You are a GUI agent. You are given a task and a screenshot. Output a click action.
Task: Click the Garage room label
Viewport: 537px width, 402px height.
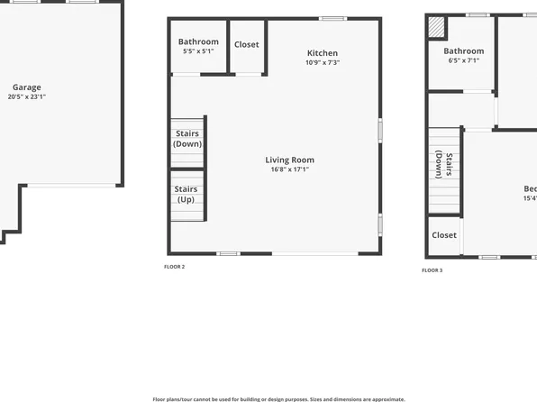pos(26,87)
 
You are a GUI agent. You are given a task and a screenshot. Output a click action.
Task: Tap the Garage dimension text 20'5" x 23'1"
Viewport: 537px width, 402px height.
pos(26,96)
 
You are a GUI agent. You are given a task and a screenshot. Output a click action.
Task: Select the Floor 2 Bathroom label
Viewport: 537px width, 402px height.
pos(198,41)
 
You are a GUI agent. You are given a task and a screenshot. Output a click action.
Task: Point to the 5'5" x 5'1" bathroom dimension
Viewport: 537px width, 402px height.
pos(198,51)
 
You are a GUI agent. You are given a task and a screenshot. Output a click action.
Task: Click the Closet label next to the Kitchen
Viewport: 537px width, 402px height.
pos(246,44)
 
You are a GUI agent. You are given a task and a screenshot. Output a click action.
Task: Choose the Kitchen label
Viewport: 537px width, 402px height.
pos(322,53)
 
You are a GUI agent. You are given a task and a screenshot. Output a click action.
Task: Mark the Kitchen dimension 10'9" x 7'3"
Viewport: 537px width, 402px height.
pos(322,62)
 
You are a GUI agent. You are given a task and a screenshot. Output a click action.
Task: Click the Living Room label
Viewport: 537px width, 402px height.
pos(290,160)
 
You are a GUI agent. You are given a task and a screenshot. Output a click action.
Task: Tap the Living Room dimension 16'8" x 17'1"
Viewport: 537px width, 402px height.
pos(290,169)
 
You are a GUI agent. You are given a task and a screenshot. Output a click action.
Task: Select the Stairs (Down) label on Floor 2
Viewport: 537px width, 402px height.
pos(187,139)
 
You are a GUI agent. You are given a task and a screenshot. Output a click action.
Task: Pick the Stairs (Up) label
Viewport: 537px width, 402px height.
pos(187,194)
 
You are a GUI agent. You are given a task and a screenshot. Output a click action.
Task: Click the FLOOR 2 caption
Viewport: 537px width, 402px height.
pos(174,267)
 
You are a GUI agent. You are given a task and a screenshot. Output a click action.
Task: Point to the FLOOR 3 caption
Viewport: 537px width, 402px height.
pos(432,270)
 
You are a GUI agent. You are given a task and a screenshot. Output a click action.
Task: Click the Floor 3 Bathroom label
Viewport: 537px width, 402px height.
pos(463,51)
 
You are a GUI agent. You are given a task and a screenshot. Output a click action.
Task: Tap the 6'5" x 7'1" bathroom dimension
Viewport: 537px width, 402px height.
pos(463,61)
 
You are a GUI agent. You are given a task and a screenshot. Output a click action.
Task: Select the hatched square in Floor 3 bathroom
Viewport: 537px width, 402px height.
pos(436,28)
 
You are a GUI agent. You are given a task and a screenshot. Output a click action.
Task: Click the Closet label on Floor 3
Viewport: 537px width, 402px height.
pos(444,235)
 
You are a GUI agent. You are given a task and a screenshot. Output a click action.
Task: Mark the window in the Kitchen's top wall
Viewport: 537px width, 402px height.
pos(333,18)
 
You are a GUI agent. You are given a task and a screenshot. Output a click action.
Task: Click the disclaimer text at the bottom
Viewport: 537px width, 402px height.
pos(278,397)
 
